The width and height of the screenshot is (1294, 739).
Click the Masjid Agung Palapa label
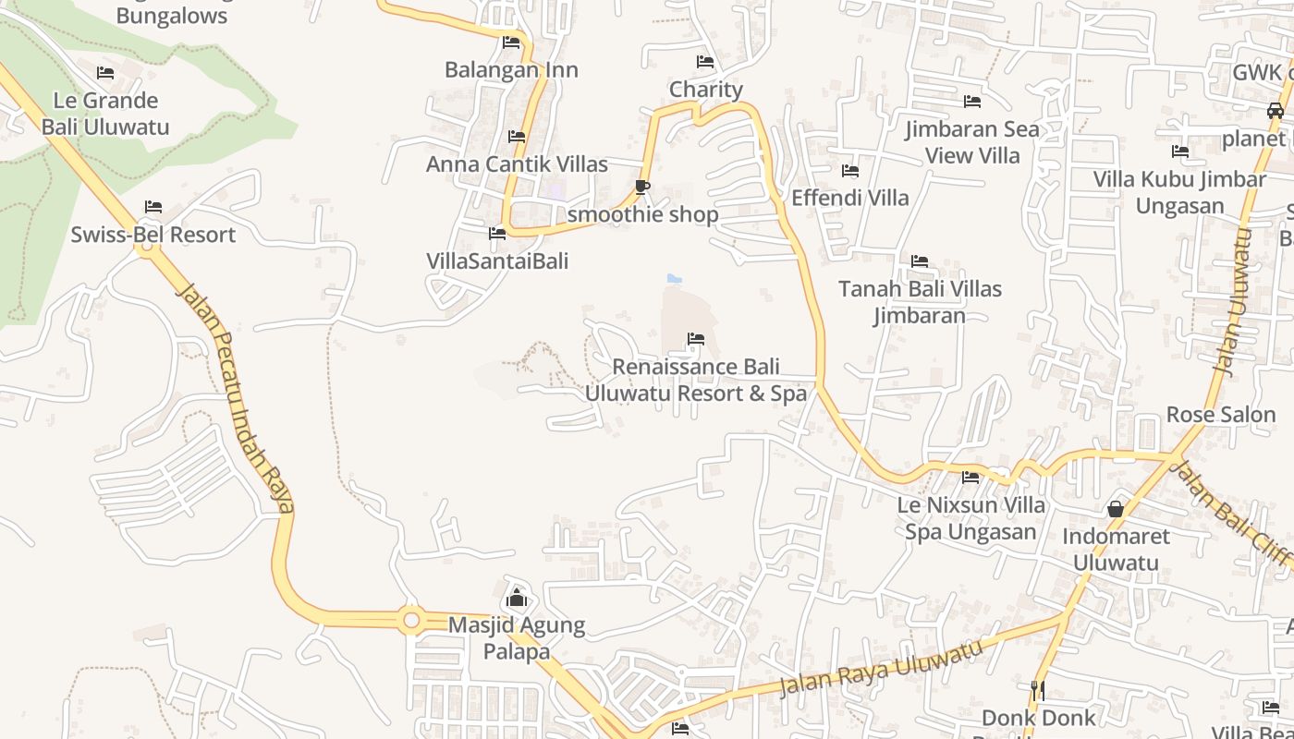(517, 638)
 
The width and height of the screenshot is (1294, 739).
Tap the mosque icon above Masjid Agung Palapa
(517, 600)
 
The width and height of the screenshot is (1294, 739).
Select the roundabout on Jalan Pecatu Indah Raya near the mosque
(411, 620)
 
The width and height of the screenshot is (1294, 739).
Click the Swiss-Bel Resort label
(153, 235)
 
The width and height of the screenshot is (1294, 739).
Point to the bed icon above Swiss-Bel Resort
(153, 207)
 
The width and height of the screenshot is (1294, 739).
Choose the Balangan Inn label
(511, 70)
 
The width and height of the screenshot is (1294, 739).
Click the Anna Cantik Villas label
(517, 164)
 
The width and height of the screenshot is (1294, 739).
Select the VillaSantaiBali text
(497, 261)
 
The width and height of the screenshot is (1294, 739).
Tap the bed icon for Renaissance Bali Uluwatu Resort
(696, 340)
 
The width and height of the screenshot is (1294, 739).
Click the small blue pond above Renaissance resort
(675, 278)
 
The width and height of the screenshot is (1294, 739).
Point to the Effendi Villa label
(850, 198)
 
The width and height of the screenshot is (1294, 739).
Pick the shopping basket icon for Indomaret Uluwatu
(1116, 509)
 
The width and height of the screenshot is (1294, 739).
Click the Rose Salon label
(1220, 414)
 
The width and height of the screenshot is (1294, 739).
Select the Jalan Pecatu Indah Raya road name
(236, 397)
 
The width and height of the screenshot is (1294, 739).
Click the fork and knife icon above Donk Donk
(1038, 690)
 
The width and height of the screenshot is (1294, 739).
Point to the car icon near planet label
(1275, 111)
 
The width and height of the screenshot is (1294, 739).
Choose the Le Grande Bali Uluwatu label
(105, 114)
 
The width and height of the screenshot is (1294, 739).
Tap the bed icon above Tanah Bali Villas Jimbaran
(920, 261)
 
